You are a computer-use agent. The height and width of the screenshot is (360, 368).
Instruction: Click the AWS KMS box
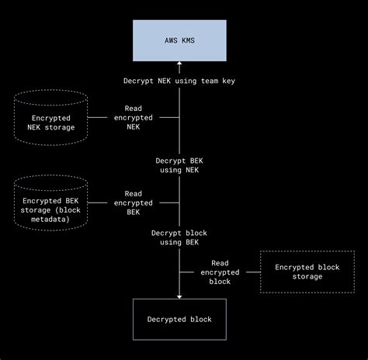tap(179, 40)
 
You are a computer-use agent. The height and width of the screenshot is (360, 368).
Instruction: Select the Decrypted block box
tap(179, 319)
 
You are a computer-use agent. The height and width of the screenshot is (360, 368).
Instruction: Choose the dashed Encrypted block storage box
tap(307, 272)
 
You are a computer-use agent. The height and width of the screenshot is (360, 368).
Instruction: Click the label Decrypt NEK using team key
tap(179, 81)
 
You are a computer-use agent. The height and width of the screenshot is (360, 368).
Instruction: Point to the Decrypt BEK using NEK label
tap(179, 164)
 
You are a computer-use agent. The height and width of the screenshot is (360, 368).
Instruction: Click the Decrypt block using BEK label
tap(179, 237)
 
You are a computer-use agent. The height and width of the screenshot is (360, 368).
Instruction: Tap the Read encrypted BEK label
tap(133, 202)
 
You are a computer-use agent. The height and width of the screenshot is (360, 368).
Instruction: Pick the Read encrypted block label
tap(220, 272)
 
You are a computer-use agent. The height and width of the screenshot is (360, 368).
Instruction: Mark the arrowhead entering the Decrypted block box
tap(179, 295)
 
